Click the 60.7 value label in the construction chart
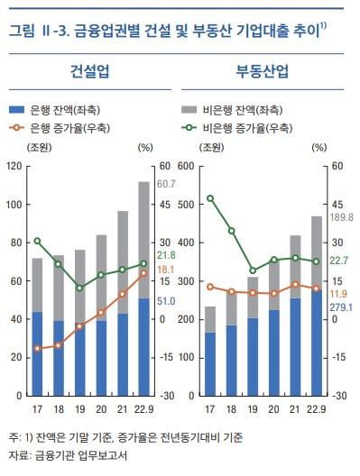pyautogui.click(x=167, y=185)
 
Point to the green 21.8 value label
pyautogui.click(x=167, y=256)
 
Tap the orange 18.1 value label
pyautogui.click(x=167, y=270)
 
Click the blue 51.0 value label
pyautogui.click(x=167, y=301)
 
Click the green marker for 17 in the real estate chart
pyautogui.click(x=210, y=198)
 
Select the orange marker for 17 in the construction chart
pyautogui.click(x=37, y=348)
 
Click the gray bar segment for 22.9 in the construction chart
pyautogui.click(x=143, y=239)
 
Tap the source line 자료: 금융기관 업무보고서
pyautogui.click(x=67, y=455)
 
